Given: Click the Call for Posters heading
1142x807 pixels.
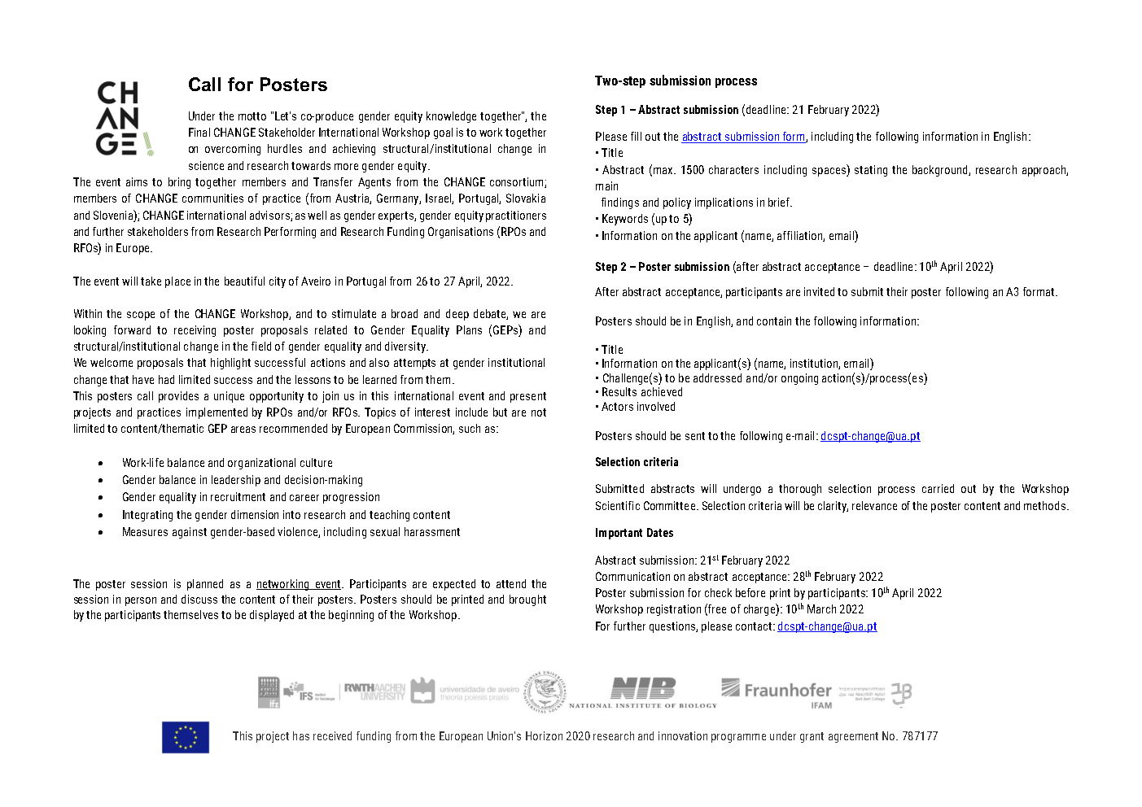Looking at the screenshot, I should (257, 85).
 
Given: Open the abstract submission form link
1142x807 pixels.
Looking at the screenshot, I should (743, 137).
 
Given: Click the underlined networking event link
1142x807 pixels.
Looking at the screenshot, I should (298, 584).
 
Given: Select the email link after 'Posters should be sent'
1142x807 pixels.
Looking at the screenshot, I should (870, 436).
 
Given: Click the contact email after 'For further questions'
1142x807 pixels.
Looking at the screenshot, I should (827, 626).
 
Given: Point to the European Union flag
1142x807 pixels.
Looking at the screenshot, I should (186, 737).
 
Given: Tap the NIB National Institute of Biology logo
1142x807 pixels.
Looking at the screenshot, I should (643, 691).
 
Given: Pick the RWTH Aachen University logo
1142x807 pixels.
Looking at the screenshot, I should (374, 691).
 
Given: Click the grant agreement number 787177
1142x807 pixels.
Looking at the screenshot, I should (919, 736).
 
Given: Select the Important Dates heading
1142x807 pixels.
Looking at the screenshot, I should (634, 533).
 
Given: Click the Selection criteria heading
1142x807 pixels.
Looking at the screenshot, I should (637, 462).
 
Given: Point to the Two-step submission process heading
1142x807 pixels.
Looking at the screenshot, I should (676, 81).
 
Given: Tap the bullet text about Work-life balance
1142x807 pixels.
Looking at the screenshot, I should (227, 463).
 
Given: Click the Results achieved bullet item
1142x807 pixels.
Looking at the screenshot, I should (641, 392).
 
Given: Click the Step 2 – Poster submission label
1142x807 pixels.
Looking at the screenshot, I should (662, 267).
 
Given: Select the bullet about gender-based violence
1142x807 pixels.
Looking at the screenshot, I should (291, 532).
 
